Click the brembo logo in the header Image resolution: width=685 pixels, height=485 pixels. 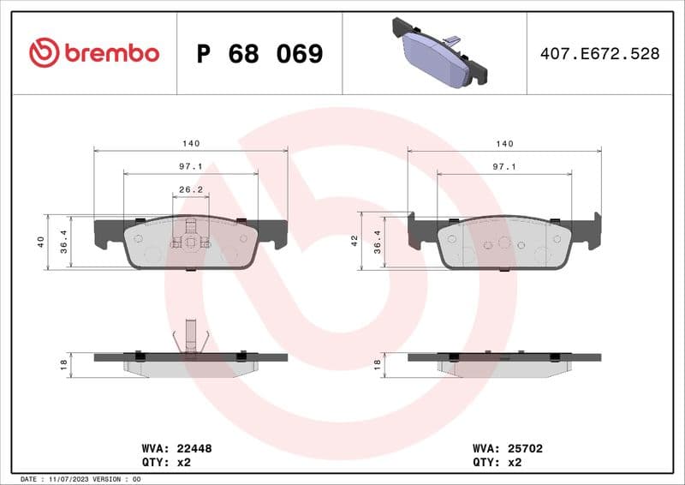[x=94, y=53]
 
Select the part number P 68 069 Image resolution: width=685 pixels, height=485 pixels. [x=259, y=54]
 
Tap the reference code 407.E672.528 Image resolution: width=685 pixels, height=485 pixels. [x=599, y=54]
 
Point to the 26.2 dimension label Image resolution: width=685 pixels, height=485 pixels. [x=190, y=190]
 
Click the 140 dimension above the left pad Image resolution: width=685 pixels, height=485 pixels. [x=190, y=144]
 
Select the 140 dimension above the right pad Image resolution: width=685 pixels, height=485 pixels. [x=504, y=144]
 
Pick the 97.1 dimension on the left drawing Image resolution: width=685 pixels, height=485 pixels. [x=190, y=167]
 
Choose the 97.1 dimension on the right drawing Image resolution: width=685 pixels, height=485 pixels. [x=504, y=167]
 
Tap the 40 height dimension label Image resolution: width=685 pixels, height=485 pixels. [x=41, y=242]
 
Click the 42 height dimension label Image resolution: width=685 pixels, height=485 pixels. [x=355, y=242]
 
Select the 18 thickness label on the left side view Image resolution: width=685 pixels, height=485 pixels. [x=64, y=364]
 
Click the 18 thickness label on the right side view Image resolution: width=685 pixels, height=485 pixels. [x=378, y=364]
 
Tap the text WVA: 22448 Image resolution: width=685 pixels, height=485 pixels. [x=176, y=448]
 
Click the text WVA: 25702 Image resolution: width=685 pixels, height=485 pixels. [x=508, y=448]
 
